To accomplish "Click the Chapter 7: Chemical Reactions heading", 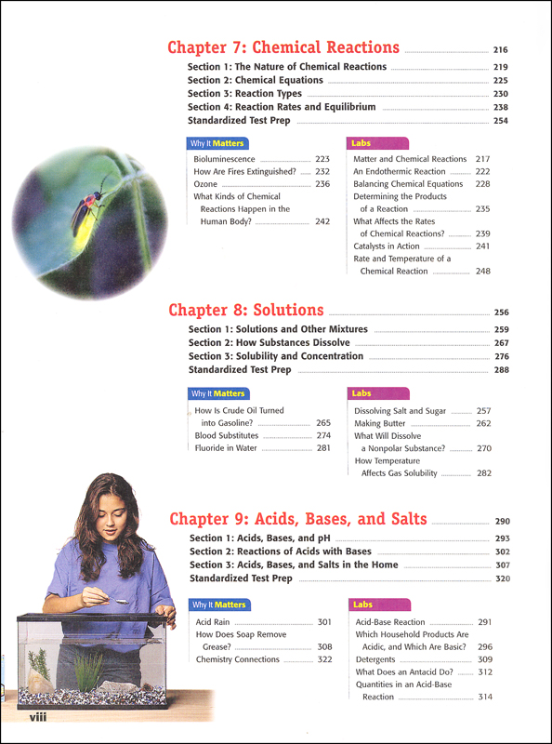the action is (283, 48).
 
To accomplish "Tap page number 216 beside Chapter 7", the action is (501, 50).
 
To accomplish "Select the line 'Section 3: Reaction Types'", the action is (244, 94).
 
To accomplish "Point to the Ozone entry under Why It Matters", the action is (205, 184).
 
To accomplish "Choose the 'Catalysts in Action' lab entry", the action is (387, 246).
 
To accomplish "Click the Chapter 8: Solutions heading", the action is (245, 311).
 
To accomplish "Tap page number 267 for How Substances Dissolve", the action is (502, 343).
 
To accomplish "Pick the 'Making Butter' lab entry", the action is (379, 423).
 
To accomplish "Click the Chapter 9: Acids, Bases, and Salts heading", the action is (297, 520).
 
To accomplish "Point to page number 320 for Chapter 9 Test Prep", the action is (503, 578).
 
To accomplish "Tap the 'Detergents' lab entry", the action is (375, 659).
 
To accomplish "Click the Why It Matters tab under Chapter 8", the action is (218, 393).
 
